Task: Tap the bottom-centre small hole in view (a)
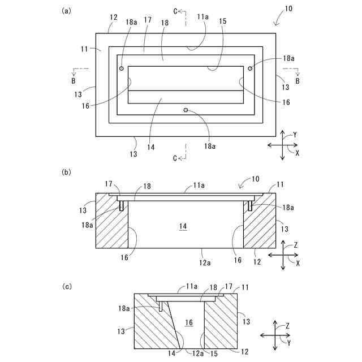point(186,110)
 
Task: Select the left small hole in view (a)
point(122,68)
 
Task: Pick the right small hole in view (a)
point(249,68)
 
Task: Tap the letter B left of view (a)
point(74,81)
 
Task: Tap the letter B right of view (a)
point(298,81)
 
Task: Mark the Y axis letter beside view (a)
point(295,135)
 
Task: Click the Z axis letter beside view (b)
point(295,245)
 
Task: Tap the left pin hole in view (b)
point(121,205)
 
